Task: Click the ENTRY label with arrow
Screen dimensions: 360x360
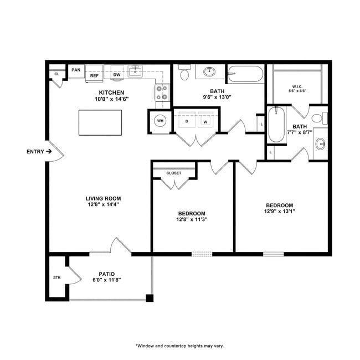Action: click(x=39, y=151)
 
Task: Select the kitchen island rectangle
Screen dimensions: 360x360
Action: click(x=100, y=122)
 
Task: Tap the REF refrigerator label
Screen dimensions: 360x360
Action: click(x=94, y=75)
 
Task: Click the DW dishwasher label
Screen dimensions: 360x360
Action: click(x=117, y=75)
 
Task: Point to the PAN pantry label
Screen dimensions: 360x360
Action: click(x=76, y=70)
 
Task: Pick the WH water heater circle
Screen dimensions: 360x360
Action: click(x=160, y=121)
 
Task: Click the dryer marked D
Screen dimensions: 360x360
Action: click(x=187, y=121)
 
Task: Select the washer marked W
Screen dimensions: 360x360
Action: click(x=205, y=121)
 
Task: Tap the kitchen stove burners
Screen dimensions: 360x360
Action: click(x=162, y=92)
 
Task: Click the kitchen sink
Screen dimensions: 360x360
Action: click(x=136, y=71)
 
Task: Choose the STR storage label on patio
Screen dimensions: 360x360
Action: click(x=56, y=277)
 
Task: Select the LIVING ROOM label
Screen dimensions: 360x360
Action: click(x=103, y=198)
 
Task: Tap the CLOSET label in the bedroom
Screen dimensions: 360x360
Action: click(x=174, y=173)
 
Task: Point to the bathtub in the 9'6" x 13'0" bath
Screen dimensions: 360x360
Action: click(x=246, y=74)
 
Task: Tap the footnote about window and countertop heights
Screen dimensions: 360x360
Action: click(x=180, y=346)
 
